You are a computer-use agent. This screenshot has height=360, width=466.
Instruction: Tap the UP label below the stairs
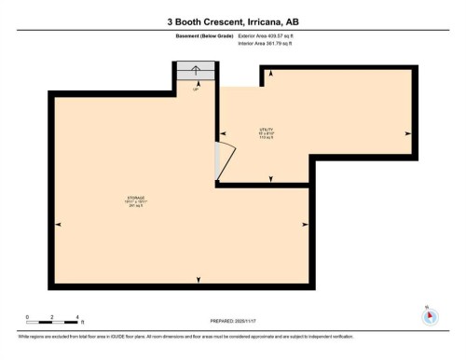tap(196, 90)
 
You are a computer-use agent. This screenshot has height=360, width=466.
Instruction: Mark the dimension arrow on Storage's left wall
tap(58, 225)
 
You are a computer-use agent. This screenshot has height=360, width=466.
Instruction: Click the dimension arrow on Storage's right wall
tap(307, 225)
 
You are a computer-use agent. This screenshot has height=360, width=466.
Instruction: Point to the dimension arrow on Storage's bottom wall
tap(197, 280)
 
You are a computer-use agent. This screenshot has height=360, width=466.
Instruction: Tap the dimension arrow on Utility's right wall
tap(407, 133)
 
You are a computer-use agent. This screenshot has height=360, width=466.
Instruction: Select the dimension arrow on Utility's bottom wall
tap(268, 179)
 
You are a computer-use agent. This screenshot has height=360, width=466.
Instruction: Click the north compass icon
tap(429, 315)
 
